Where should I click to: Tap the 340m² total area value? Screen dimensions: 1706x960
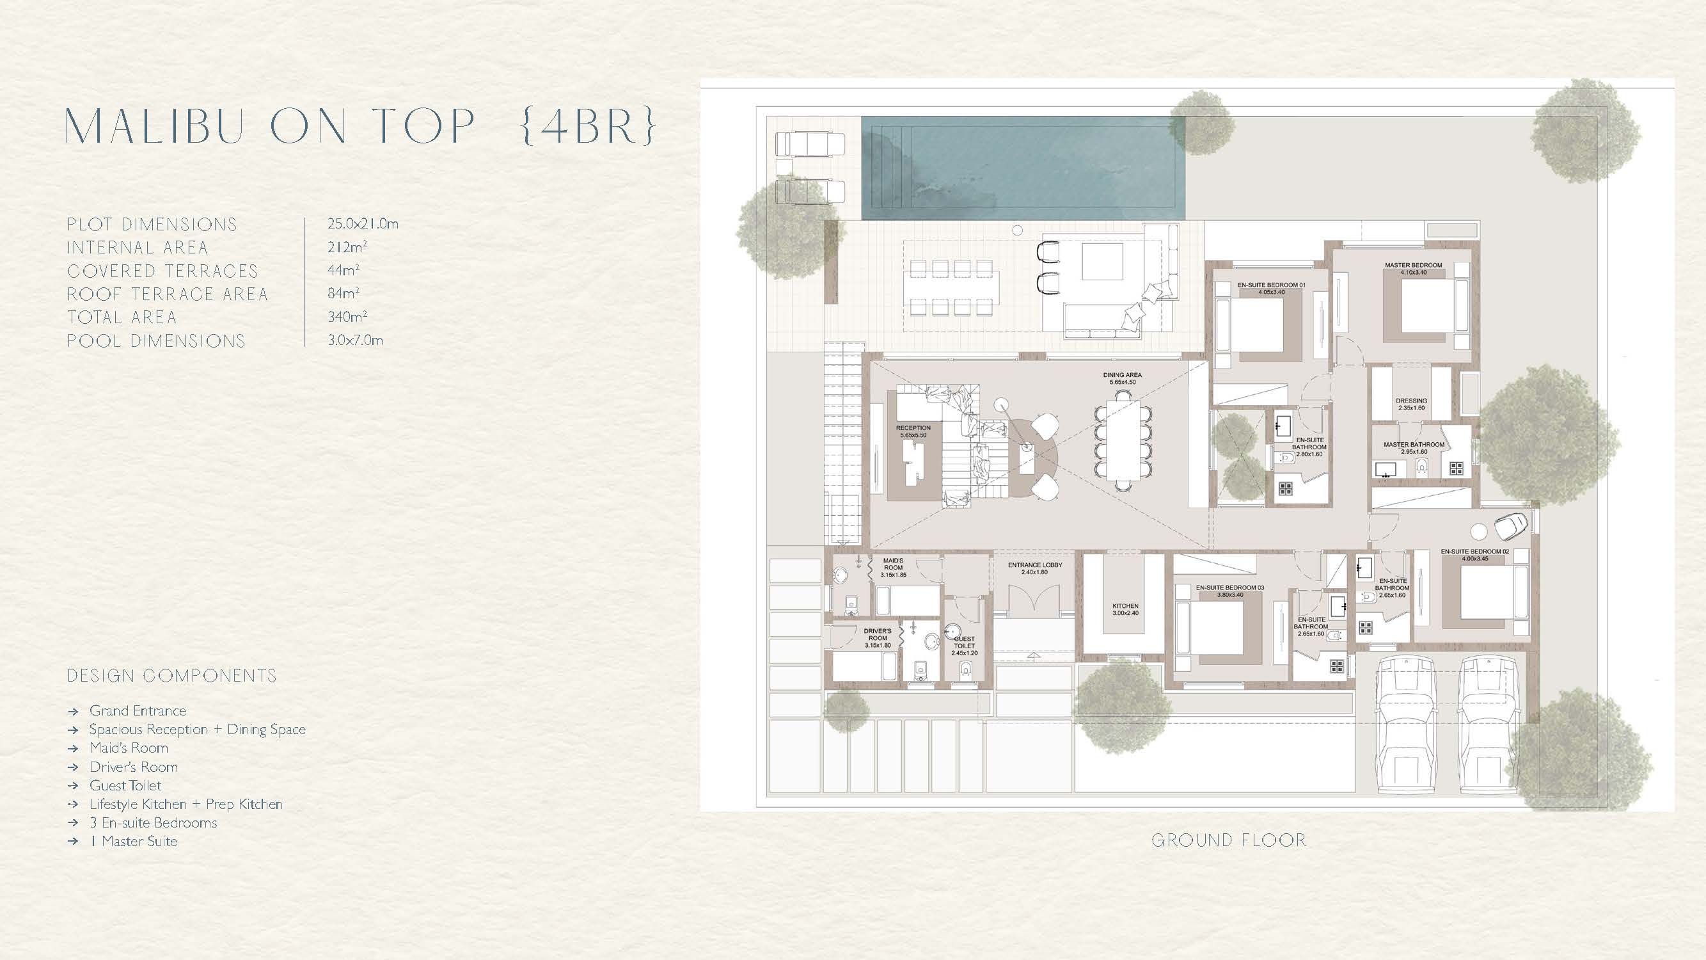pos(348,317)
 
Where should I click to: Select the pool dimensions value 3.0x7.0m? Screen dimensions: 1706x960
pos(356,340)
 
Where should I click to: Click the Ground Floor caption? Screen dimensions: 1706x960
pos(1229,840)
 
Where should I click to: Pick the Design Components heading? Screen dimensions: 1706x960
pos(172,676)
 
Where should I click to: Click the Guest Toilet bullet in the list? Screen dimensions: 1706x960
pos(125,785)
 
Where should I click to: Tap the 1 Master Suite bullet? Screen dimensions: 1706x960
pos(134,842)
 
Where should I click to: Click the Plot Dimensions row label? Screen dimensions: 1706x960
pos(152,225)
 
